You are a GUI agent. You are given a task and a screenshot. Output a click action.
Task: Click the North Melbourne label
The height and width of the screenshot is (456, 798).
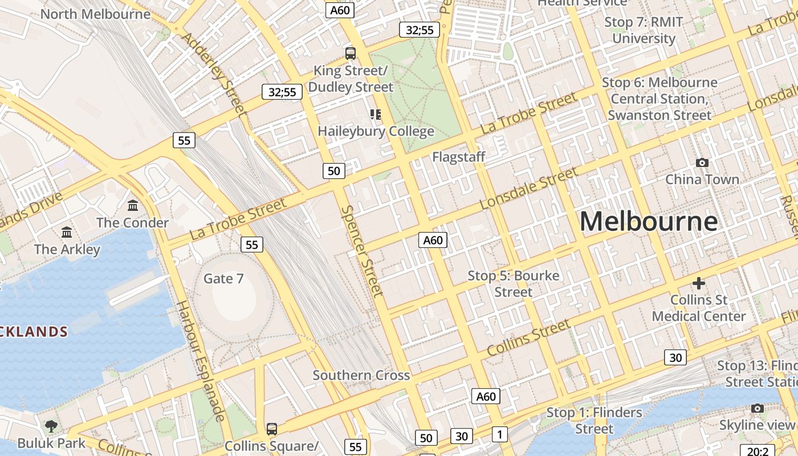click(x=95, y=14)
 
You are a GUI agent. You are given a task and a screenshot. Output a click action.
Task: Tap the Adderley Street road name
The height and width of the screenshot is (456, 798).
click(x=214, y=73)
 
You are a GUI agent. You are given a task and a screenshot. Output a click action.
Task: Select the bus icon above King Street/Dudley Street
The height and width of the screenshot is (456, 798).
click(x=351, y=54)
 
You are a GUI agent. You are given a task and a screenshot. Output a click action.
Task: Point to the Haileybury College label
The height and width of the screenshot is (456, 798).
click(x=376, y=131)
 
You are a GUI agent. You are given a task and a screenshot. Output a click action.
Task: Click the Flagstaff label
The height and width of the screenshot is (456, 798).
click(x=458, y=157)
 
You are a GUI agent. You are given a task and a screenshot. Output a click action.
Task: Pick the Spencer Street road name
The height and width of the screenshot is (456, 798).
click(x=361, y=251)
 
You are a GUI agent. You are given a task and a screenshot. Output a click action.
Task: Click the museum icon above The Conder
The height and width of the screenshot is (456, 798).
click(x=133, y=205)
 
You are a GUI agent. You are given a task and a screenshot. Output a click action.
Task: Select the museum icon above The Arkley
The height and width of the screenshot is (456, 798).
click(x=67, y=232)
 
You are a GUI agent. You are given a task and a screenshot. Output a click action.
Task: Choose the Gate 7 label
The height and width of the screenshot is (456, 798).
click(x=223, y=279)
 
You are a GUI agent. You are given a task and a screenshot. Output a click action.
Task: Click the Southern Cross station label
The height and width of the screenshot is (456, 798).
click(x=361, y=375)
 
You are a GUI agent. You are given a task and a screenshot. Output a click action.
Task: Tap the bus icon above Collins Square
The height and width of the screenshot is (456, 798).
click(x=272, y=429)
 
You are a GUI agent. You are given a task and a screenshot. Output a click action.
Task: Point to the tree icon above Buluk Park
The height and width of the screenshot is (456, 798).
click(x=51, y=426)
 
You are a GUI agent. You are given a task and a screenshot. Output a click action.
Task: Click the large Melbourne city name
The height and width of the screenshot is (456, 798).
click(x=649, y=221)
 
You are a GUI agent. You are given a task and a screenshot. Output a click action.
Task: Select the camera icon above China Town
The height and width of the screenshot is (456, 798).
click(x=702, y=162)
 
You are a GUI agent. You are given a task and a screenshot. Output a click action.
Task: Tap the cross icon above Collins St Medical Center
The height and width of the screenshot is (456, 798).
click(x=699, y=283)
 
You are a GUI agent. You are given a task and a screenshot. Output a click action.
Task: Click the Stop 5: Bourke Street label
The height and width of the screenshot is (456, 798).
click(x=514, y=284)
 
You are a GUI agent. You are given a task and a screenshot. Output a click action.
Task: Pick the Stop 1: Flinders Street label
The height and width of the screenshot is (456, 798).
click(x=594, y=420)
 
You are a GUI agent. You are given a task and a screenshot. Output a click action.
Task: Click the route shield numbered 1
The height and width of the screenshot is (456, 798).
click(x=499, y=434)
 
